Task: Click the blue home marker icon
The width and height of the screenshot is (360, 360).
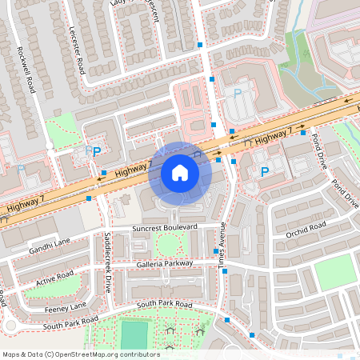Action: (180, 173)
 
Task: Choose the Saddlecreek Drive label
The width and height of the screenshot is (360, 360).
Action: (107, 263)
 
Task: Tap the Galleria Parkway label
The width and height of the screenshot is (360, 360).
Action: (164, 263)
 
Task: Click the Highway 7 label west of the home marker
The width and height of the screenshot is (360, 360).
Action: (133, 167)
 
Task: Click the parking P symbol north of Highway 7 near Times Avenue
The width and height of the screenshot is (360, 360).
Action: (237, 94)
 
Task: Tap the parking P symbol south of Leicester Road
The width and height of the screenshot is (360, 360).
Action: (97, 151)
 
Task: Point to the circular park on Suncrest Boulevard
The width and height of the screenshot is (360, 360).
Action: (168, 245)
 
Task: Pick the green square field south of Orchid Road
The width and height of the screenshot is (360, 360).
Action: (333, 273)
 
